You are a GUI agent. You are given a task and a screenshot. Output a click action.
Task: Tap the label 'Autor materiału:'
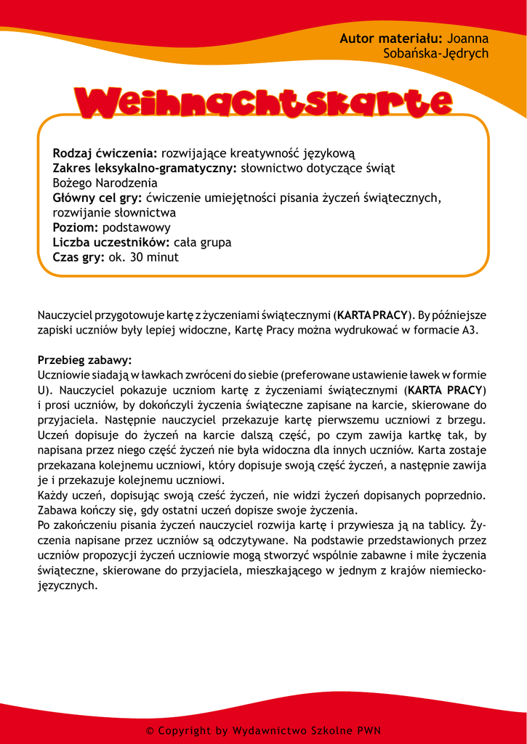point(391,39)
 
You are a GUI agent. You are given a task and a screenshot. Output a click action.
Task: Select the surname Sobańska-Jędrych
point(435,54)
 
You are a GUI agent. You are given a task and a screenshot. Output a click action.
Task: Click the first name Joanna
point(467,39)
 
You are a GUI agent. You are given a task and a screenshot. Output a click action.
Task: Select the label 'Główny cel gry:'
point(97,198)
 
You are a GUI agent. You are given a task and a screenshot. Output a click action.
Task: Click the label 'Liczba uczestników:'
point(111,242)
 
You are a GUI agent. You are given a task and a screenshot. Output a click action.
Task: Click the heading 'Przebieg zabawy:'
point(84,360)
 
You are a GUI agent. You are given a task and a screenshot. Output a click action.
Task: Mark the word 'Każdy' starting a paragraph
point(53,496)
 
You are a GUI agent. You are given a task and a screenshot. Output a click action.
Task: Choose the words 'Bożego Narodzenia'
point(105,183)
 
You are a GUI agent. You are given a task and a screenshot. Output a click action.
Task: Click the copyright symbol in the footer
point(150,731)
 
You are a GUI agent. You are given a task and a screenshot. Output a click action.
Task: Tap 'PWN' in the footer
point(369,731)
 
